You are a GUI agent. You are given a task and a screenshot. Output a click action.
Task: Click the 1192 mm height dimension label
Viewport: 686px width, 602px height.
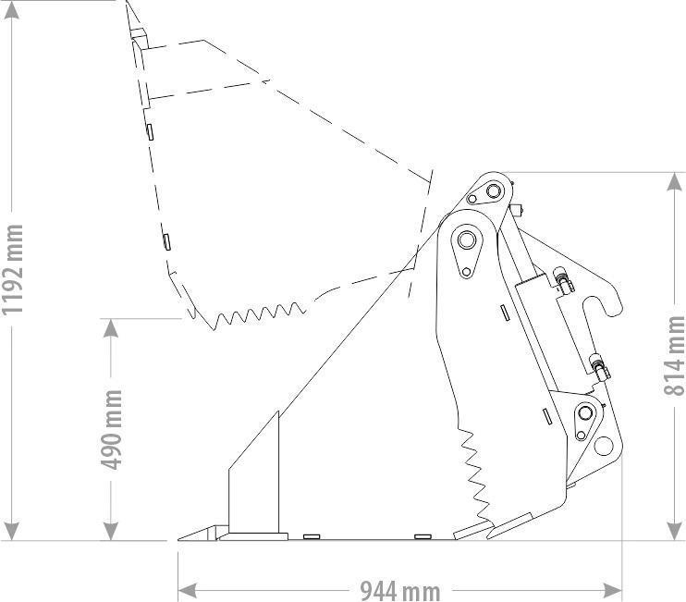14,269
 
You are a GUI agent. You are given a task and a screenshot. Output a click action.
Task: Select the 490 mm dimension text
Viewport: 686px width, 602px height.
113,429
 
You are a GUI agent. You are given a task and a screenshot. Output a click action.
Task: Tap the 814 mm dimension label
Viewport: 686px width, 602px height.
675,355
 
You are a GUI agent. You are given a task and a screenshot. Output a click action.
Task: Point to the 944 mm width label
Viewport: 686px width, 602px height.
399,589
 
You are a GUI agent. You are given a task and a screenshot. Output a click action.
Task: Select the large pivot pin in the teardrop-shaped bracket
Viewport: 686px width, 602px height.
465,241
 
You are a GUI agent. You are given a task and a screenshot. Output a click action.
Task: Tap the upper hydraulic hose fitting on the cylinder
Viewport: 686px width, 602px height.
561,278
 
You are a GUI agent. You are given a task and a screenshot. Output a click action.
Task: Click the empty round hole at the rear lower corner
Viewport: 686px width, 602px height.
605,445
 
